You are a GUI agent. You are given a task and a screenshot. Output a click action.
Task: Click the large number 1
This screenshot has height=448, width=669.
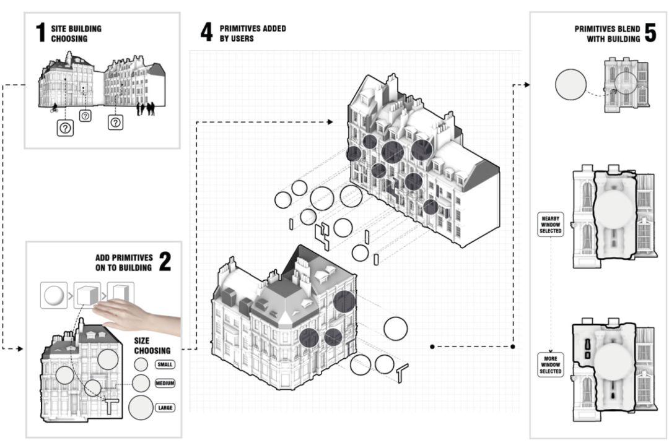(x=41, y=32)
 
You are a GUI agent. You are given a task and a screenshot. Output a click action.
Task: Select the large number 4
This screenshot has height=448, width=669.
(x=206, y=32)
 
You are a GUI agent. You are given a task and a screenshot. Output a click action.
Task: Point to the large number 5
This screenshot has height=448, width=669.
(x=650, y=32)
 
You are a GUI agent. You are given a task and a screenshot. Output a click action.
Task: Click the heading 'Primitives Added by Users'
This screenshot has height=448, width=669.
(x=253, y=33)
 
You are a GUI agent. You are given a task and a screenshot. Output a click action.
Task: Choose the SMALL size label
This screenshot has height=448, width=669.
(x=165, y=364)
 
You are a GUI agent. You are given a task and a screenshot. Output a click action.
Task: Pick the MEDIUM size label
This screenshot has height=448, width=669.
(x=165, y=384)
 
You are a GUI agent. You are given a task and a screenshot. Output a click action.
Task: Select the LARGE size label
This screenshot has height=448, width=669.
(x=165, y=407)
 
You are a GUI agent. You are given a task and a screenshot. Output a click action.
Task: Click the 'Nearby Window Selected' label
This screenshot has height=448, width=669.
(x=551, y=225)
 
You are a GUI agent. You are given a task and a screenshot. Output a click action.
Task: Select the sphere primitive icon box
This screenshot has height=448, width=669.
(x=53, y=295)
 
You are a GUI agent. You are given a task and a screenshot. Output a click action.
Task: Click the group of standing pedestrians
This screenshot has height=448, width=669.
(x=145, y=109)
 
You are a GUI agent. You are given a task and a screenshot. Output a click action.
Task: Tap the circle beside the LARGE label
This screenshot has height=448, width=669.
(x=141, y=407)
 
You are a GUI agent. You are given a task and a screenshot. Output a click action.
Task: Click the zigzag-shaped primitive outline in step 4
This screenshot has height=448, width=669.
(x=323, y=235)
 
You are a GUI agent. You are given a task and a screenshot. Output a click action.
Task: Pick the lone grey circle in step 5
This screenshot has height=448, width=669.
(x=571, y=85)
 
